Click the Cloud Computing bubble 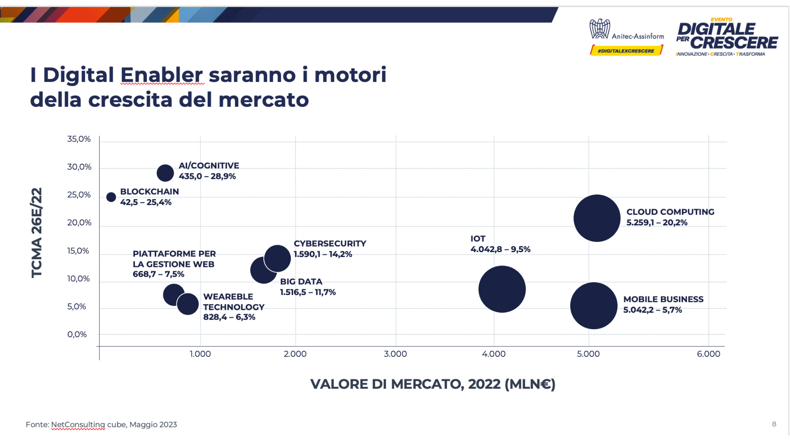[x=597, y=218]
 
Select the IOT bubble [x=502, y=289]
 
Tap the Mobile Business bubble [x=593, y=305]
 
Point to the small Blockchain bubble [x=111, y=197]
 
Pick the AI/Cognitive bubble [x=165, y=173]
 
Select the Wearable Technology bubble [x=188, y=304]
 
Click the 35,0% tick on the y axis [x=79, y=139]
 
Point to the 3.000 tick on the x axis [x=395, y=354]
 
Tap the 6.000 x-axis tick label [x=708, y=354]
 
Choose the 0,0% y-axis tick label [x=77, y=335]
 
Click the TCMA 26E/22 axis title [x=37, y=233]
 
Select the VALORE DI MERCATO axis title [x=432, y=384]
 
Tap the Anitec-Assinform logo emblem [x=599, y=29]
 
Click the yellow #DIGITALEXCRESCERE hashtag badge [x=626, y=51]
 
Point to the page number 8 [x=774, y=424]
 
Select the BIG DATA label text [x=301, y=282]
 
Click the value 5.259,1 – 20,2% [x=657, y=222]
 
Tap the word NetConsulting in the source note [x=78, y=424]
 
